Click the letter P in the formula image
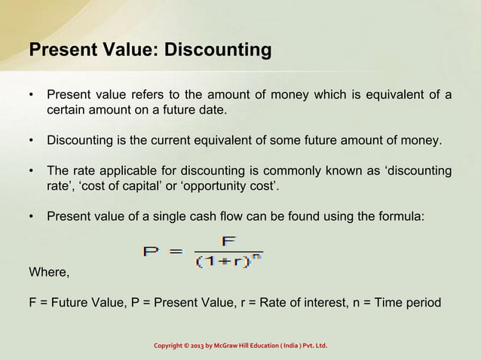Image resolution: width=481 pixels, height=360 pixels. [150, 251]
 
